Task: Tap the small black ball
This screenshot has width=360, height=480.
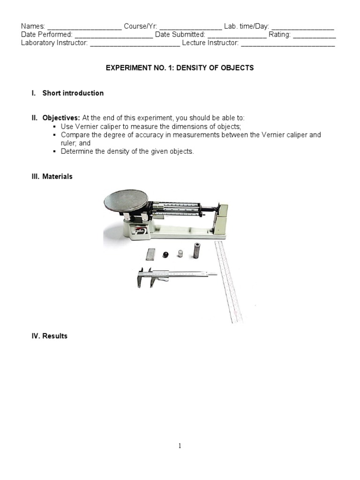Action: (165, 255)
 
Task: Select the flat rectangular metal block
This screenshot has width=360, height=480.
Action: (150, 255)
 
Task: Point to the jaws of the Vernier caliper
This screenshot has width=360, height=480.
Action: (145, 279)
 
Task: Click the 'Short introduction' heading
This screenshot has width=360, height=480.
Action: (73, 93)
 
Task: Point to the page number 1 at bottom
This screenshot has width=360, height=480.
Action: (180, 446)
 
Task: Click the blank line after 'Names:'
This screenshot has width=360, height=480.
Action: (84, 27)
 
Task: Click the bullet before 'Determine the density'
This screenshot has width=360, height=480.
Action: (55, 151)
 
